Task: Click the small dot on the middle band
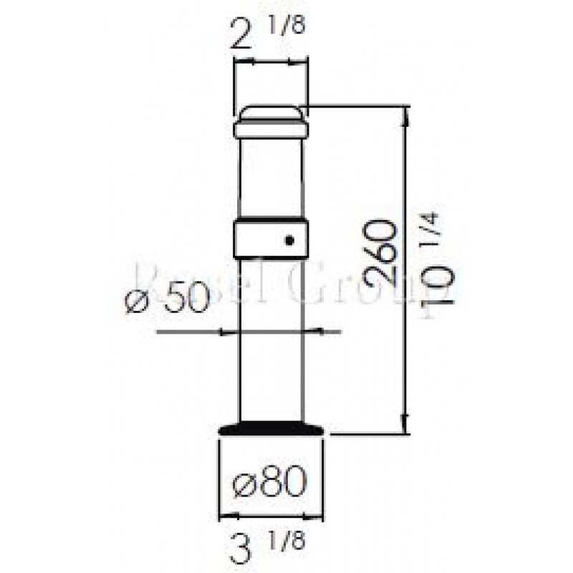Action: click(289, 241)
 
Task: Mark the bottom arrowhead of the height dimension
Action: click(406, 426)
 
